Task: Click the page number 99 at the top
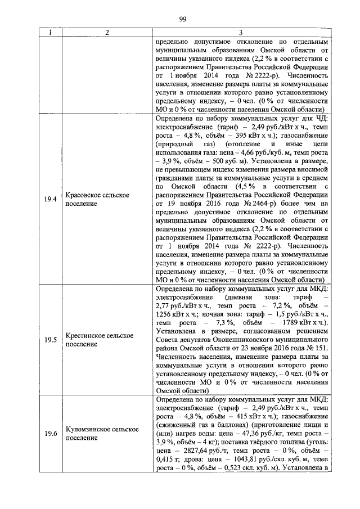[x=182, y=20]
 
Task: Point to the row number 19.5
[x=51, y=339]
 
